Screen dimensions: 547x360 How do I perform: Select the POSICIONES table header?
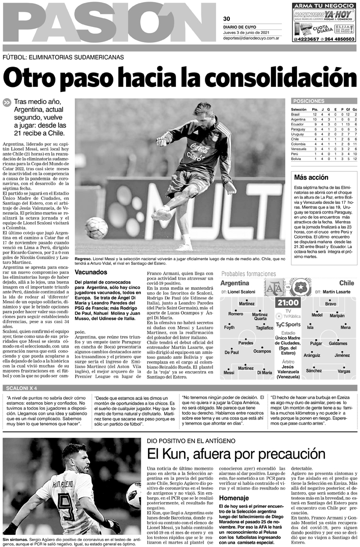click(310, 101)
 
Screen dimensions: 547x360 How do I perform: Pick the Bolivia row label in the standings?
click(297, 159)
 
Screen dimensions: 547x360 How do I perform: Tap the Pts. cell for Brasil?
click(315, 115)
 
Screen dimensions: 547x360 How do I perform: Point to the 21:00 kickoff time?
click(288, 302)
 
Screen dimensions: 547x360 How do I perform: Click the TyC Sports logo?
click(288, 324)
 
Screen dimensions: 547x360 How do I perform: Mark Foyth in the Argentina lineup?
click(230, 327)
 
